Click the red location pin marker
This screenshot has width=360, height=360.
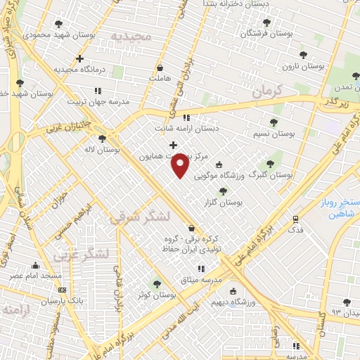[x=181, y=166]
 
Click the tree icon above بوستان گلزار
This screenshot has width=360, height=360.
[x=223, y=191]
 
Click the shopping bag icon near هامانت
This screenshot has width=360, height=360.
[x=162, y=68]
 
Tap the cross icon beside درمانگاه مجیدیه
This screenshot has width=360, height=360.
[x=81, y=59]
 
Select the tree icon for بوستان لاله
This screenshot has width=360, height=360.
[x=103, y=139]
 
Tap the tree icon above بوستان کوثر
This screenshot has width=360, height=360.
[x=156, y=284]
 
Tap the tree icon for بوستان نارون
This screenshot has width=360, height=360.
[x=303, y=54]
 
